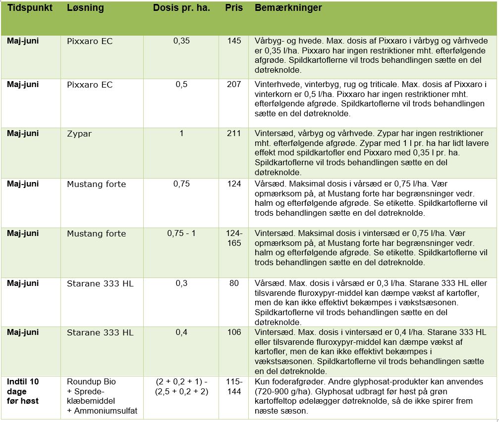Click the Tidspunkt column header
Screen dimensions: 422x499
[30, 8]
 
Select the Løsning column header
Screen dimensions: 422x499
[85, 8]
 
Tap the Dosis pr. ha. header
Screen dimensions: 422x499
[181, 8]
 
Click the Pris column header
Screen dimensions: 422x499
[234, 8]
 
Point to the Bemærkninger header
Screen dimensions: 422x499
[288, 8]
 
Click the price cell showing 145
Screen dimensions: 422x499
[234, 41]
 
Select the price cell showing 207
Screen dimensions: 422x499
[234, 85]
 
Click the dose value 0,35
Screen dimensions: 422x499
[181, 41]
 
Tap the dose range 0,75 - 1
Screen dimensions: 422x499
[181, 233]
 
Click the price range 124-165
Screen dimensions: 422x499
[234, 238]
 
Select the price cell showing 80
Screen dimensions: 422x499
[234, 283]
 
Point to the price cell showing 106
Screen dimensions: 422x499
[234, 332]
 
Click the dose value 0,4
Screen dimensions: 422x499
[181, 332]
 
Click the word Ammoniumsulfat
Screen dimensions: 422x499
[103, 410]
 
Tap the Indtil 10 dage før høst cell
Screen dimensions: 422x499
[23, 391]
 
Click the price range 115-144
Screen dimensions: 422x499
[234, 386]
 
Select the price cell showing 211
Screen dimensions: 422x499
[234, 134]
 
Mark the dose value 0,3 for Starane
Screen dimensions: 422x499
[181, 283]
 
